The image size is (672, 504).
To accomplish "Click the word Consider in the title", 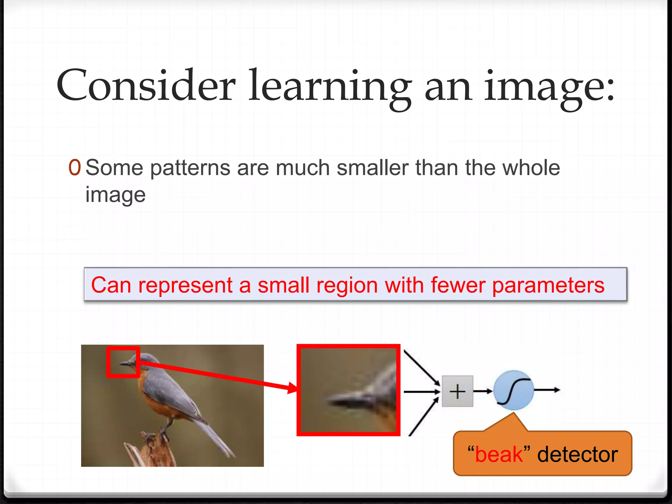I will (146, 86).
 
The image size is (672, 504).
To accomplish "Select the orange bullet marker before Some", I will (74, 168).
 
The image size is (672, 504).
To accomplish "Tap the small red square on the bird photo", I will (123, 362).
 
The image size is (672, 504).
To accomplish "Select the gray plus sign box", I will (457, 391).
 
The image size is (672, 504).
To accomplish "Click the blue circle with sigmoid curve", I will (514, 390).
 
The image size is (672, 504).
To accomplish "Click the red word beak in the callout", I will (498, 455).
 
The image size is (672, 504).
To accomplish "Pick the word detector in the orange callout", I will (577, 455).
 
